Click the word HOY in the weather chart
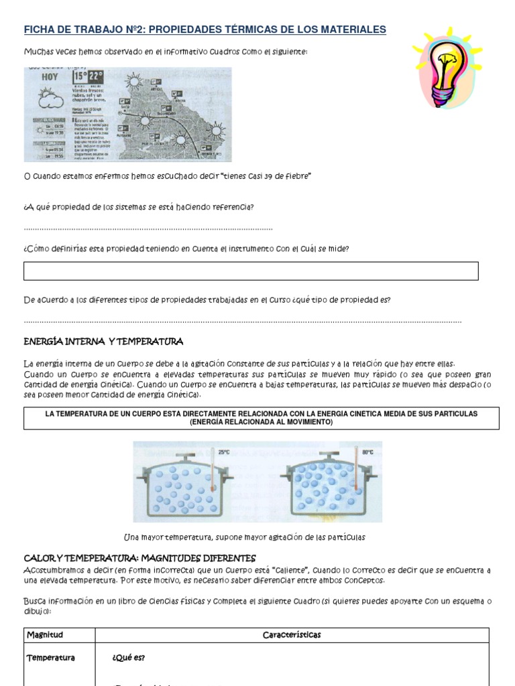click(50, 77)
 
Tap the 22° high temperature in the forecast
click(96, 76)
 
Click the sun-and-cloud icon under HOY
click(48, 100)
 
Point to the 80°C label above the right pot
click(367, 452)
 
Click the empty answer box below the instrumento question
click(251, 271)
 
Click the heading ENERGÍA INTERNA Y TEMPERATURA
click(103, 342)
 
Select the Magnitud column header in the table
click(44, 634)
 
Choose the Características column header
click(292, 634)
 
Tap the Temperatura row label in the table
click(51, 658)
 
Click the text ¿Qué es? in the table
click(129, 658)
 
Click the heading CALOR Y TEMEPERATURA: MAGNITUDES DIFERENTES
click(139, 558)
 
